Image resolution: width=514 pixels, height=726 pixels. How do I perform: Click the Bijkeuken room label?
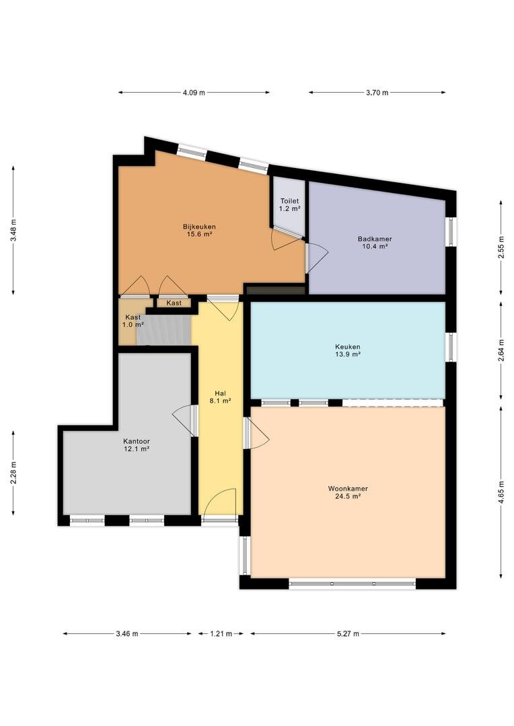tap(199, 227)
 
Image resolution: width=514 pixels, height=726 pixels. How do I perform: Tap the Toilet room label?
tap(289, 201)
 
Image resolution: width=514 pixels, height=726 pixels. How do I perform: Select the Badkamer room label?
tap(375, 239)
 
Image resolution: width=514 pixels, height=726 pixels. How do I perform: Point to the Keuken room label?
tap(348, 347)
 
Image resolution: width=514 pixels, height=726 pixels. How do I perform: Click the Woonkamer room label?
tap(348, 489)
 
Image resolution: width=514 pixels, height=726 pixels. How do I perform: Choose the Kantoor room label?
tap(137, 441)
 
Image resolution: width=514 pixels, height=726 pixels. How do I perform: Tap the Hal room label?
tap(220, 393)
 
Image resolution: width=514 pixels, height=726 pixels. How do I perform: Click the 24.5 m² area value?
tap(348, 496)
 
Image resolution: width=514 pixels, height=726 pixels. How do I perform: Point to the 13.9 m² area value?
tap(348, 354)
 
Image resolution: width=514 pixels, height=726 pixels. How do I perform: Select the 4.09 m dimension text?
tap(194, 93)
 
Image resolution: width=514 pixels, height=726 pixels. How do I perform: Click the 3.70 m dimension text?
tap(377, 93)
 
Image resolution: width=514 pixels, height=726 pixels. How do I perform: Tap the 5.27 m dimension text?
tap(348, 633)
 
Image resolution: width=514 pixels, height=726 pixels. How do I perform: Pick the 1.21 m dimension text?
tap(221, 633)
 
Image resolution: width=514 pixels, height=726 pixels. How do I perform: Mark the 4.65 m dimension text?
tap(501, 493)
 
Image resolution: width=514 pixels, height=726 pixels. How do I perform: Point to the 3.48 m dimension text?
tap(13, 230)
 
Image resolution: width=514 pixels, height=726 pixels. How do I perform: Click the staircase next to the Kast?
tap(163, 329)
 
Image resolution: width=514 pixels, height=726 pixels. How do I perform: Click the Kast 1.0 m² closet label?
tap(133, 321)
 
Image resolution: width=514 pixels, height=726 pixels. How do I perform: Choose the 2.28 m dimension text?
tap(13, 473)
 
